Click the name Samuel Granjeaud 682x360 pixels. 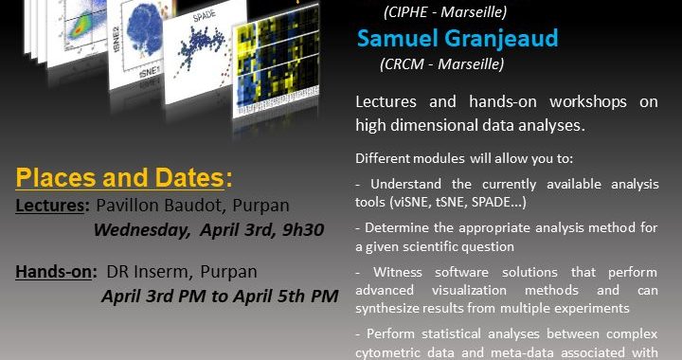pyautogui.click(x=458, y=38)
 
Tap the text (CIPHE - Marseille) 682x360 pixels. pyautogui.click(x=445, y=12)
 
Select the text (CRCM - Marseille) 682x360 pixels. pyautogui.click(x=442, y=63)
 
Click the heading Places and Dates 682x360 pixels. pyautogui.click(x=124, y=178)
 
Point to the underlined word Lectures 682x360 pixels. pyautogui.click(x=50, y=206)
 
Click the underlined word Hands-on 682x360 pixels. pyautogui.click(x=54, y=272)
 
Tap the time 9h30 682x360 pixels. pyautogui.click(x=303, y=230)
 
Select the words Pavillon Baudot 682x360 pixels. pyautogui.click(x=159, y=206)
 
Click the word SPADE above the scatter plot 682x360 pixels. pyautogui.click(x=204, y=16)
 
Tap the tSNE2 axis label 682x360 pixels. pyautogui.click(x=117, y=38)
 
